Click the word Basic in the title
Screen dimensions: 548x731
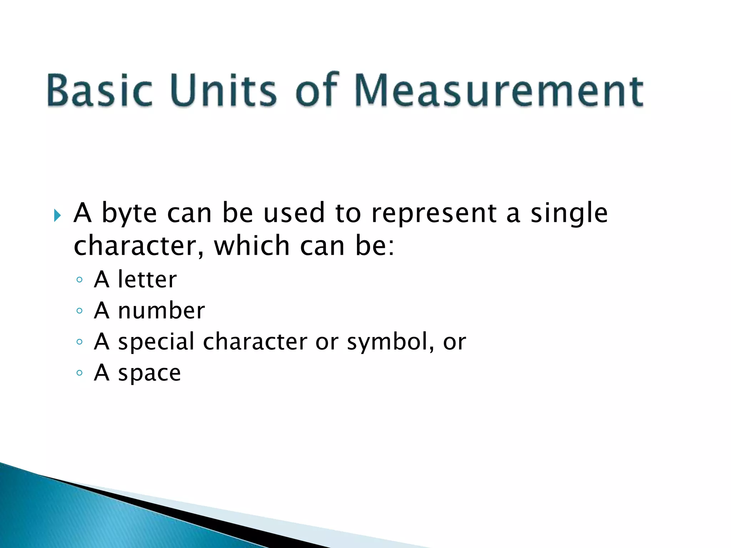100,90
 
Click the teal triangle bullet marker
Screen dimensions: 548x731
57,215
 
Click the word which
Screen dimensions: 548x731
252,246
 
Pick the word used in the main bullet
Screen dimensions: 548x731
294,213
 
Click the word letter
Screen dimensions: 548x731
147,279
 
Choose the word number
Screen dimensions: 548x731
161,310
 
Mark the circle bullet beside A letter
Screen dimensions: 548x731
80,280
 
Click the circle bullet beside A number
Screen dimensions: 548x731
80,311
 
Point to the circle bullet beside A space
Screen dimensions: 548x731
80,373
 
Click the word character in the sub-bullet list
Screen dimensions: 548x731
255,341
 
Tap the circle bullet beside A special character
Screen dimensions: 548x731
80,342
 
